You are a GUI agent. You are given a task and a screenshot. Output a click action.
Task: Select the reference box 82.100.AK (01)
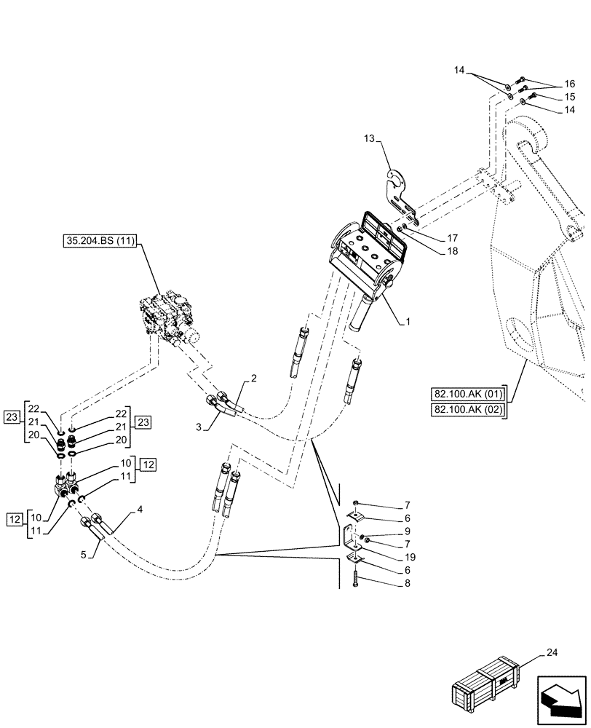(x=469, y=395)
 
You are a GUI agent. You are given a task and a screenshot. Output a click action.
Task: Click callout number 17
(x=453, y=237)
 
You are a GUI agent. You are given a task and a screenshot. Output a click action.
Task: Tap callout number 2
(x=253, y=378)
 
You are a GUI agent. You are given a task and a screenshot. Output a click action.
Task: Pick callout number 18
(x=453, y=250)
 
